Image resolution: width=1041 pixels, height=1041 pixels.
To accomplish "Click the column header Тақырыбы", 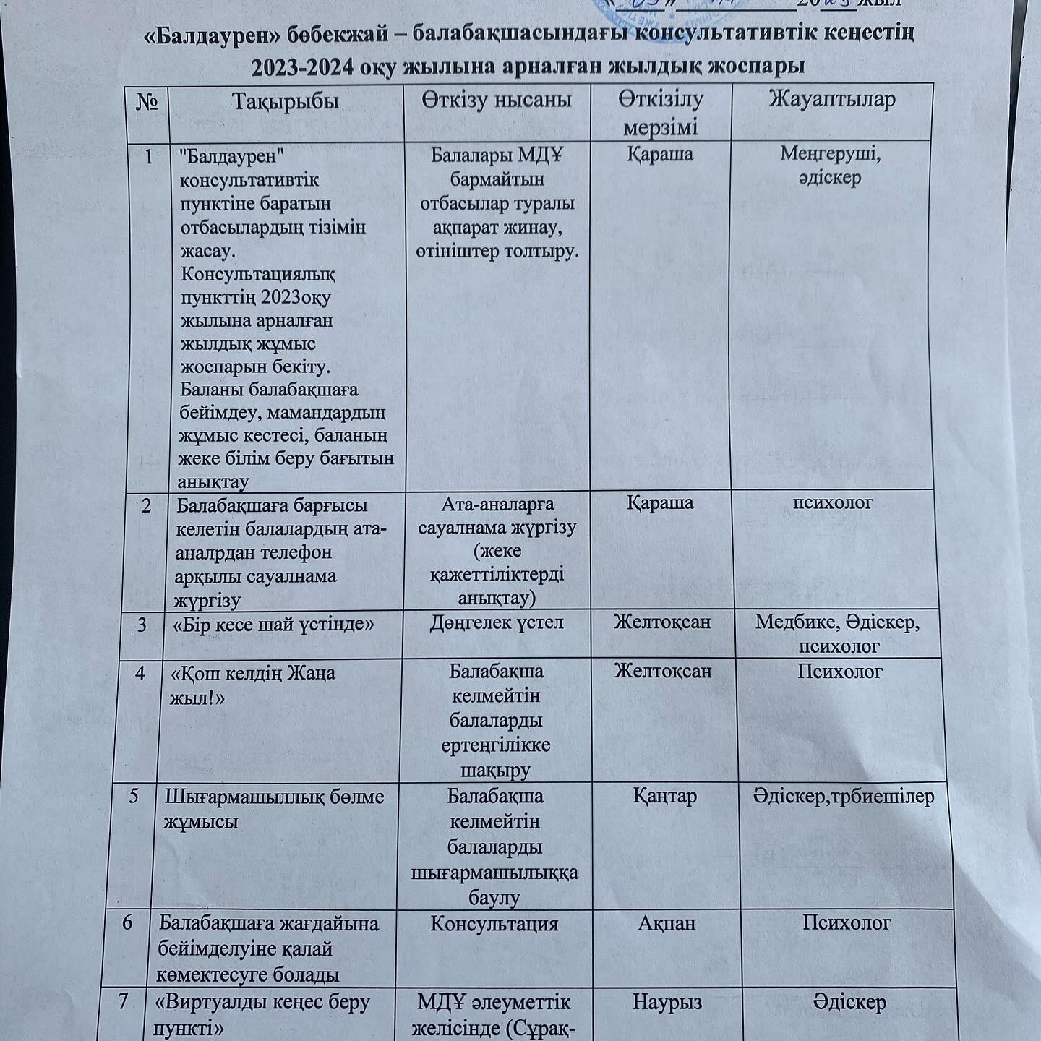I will [286, 100].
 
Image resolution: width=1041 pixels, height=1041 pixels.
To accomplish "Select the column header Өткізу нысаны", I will [497, 99].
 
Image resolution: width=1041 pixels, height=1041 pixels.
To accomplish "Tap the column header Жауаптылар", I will [831, 99].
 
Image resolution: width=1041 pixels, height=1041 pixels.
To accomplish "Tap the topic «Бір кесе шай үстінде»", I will [274, 623].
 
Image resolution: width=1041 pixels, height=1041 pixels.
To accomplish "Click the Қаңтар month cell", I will [665, 796].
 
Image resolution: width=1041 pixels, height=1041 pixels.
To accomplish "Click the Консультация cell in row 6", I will [494, 924].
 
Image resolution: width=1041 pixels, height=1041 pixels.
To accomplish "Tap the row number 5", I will [134, 796].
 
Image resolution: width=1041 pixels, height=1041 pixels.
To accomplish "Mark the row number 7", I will [123, 1002].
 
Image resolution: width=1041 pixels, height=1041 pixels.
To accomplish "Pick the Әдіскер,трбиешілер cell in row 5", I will [843, 797].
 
